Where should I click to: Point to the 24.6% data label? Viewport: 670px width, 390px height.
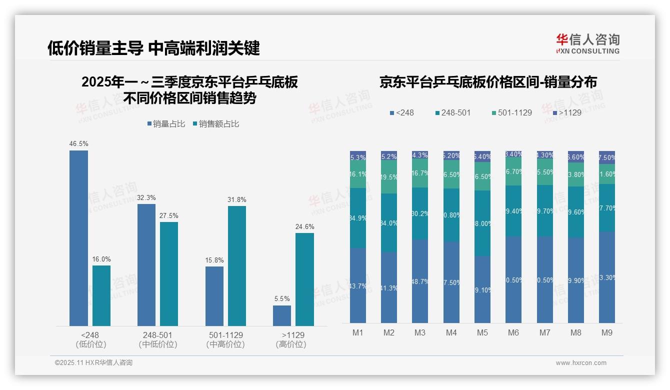click(304, 226)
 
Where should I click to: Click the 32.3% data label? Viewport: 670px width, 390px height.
click(146, 197)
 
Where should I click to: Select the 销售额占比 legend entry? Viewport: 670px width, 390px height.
click(215, 123)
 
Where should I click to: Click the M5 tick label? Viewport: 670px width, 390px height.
click(482, 332)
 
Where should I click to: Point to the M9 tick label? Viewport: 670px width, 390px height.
click(606, 332)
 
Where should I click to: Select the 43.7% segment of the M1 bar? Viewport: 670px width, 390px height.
click(358, 285)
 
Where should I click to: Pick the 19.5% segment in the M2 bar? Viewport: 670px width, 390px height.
click(389, 177)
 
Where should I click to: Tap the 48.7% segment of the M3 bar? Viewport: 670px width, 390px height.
click(420, 281)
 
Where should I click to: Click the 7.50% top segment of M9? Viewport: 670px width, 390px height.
click(607, 157)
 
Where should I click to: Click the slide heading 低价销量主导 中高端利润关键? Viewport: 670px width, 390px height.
click(153, 48)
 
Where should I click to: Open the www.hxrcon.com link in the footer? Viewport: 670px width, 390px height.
click(581, 363)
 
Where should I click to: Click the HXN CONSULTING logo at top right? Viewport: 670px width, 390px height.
click(587, 43)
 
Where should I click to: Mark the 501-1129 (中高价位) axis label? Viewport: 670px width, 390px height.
click(225, 339)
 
